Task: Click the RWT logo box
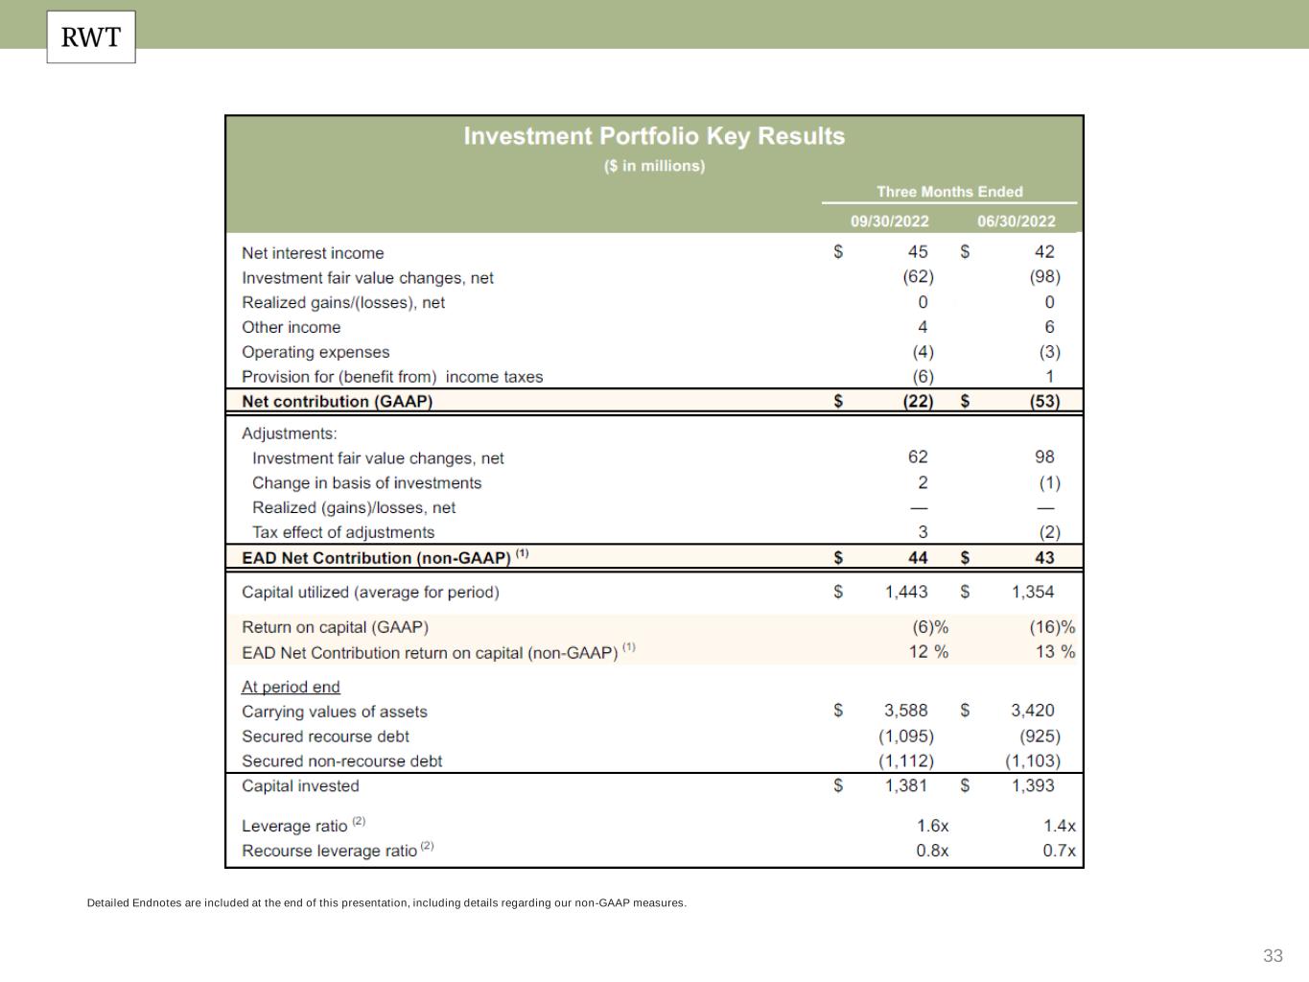(x=91, y=37)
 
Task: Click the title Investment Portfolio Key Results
(x=654, y=136)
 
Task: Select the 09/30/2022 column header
(x=889, y=222)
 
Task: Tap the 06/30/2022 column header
(x=1016, y=222)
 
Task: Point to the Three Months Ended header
(x=949, y=192)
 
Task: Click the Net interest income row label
(x=313, y=253)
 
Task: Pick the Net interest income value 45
(x=918, y=252)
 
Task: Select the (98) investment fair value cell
(x=1044, y=277)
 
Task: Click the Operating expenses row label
(x=316, y=352)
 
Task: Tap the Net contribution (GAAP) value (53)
(x=1044, y=402)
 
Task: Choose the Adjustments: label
(x=290, y=433)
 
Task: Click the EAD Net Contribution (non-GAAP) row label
(x=376, y=558)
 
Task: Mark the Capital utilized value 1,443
(x=906, y=593)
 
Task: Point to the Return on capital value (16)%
(x=1052, y=627)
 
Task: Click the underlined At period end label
(x=291, y=687)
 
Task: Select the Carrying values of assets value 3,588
(x=905, y=711)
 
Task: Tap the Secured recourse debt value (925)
(x=1040, y=736)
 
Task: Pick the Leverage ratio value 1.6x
(x=932, y=826)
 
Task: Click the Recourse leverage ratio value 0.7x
(x=1059, y=851)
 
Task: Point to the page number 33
(x=1273, y=956)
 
